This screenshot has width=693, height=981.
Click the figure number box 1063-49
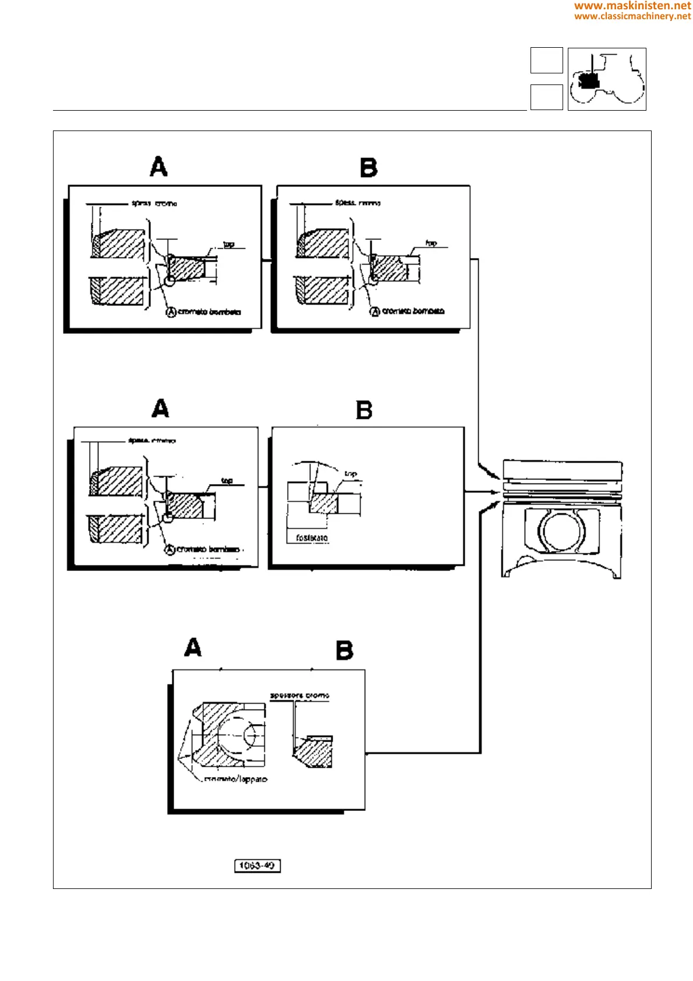257,866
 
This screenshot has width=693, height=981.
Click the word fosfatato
312,538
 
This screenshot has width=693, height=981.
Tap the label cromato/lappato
236,779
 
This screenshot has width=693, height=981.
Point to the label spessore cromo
299,696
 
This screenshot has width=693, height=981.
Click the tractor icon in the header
607,79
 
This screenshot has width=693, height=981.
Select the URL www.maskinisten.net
632,6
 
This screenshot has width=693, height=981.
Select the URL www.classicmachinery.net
632,16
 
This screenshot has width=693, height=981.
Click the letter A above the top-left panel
158,167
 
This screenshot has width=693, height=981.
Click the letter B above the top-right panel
369,168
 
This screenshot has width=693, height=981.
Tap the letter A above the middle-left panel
160,408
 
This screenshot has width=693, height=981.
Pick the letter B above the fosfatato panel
364,410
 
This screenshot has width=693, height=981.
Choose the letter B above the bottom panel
345,650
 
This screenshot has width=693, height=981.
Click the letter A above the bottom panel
193,648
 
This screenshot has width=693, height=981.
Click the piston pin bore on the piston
561,531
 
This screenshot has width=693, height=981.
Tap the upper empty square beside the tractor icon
546,60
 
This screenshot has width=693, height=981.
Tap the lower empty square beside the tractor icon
546,97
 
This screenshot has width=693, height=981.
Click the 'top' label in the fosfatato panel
351,474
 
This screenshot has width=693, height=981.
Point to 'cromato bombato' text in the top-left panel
209,312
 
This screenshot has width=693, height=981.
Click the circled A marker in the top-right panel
376,312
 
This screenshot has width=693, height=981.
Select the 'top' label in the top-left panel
229,245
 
